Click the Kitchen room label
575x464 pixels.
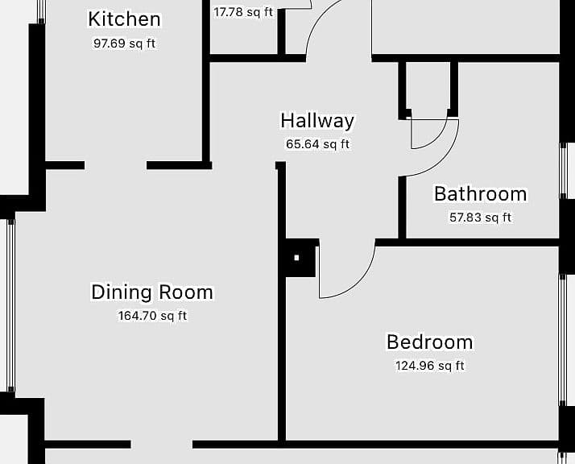tap(124, 19)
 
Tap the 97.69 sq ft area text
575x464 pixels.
tap(124, 43)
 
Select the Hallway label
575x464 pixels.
tap(317, 121)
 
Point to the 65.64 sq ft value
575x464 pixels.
tap(317, 144)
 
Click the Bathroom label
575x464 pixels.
tap(481, 194)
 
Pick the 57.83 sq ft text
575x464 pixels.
tap(481, 217)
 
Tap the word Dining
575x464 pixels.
tap(122, 292)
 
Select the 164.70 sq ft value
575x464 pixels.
tap(152, 316)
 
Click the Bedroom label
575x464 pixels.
tap(430, 342)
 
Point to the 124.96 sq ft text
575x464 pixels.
tap(430, 366)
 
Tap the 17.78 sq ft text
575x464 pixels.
tap(243, 12)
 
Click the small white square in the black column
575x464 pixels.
tap(296, 258)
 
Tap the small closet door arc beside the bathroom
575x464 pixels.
tap(436, 139)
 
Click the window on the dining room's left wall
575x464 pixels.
tap(11, 305)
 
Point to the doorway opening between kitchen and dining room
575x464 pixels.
tap(115, 165)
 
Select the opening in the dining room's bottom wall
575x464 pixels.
tap(162, 444)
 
